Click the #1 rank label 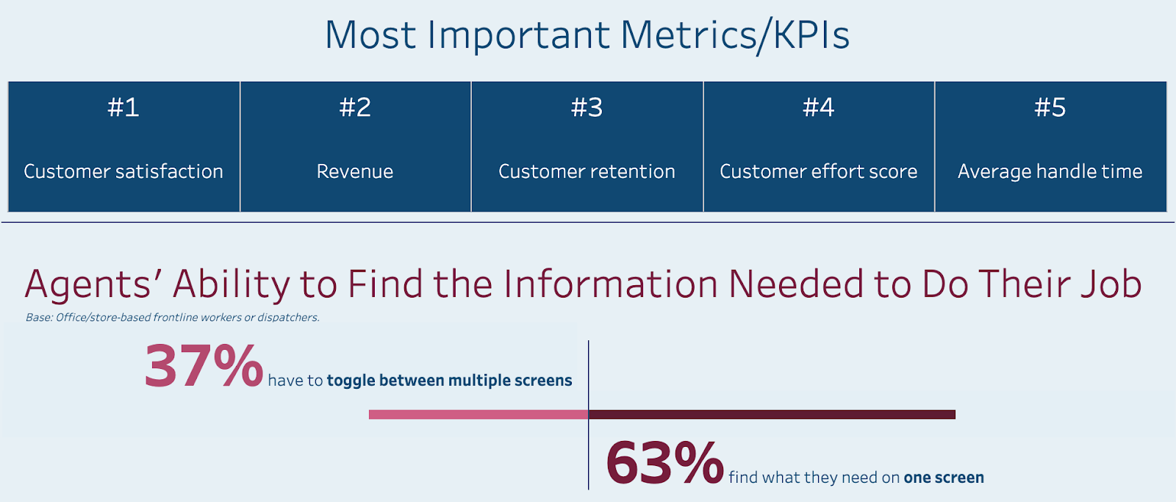[x=123, y=108]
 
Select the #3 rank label [x=587, y=108]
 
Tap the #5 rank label [x=1050, y=108]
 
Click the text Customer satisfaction [x=123, y=172]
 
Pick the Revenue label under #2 [x=355, y=172]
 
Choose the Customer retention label [x=587, y=172]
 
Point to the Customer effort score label [x=818, y=172]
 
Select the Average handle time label [x=1050, y=172]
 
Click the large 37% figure [x=204, y=366]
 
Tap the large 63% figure [x=664, y=463]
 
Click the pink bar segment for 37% [x=478, y=415]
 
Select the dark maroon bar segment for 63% [x=772, y=415]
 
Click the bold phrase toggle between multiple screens [x=449, y=381]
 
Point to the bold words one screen [x=944, y=478]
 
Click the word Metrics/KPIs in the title [x=735, y=35]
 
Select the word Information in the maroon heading [x=610, y=284]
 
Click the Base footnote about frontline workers [x=173, y=318]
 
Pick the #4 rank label [x=818, y=108]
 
